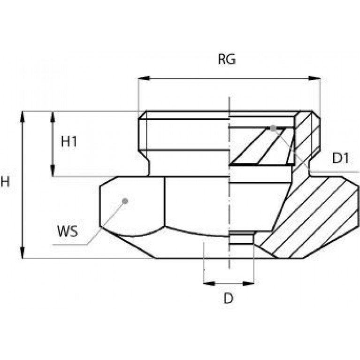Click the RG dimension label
[227, 59]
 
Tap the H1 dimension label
[69, 141]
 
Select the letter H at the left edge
[5, 182]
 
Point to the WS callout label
[68, 231]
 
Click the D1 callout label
[341, 158]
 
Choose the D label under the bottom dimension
[229, 299]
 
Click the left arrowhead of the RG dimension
[144, 78]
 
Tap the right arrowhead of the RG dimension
[314, 78]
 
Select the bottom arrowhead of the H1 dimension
[53, 170]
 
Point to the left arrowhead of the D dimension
[209, 283]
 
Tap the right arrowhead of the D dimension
[248, 283]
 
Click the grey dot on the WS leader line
[125, 201]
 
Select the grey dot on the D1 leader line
[273, 128]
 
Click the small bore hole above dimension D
[242, 238]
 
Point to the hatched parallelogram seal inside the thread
[262, 146]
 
